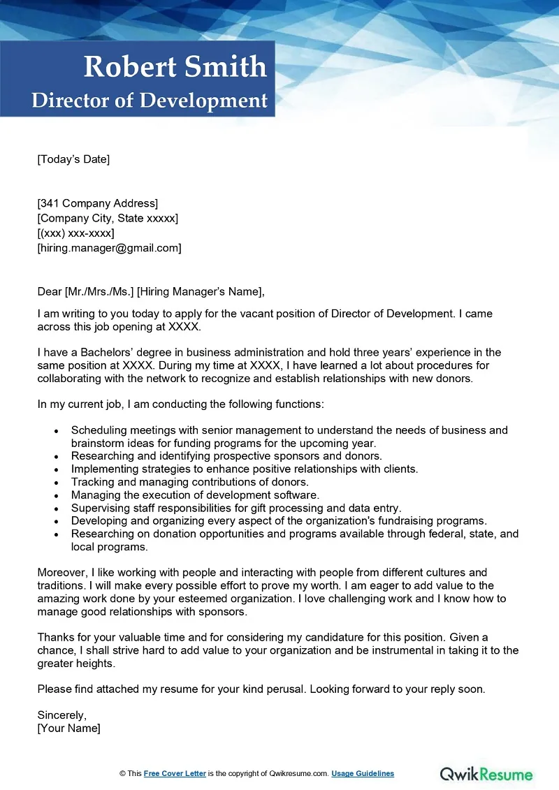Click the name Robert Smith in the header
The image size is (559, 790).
coord(175,67)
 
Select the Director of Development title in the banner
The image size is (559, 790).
coord(150,100)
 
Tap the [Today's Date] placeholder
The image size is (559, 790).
coord(73,159)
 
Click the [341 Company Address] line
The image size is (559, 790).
coord(98,203)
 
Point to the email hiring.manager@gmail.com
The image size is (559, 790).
coord(109,248)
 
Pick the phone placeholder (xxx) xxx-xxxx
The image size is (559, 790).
coord(75,233)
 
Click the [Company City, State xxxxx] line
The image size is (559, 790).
coord(108,218)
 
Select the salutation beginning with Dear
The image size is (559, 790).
coord(151,292)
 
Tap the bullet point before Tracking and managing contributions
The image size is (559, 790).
coord(56,483)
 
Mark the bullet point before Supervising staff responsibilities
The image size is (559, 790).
coord(56,509)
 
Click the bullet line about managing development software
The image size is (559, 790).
coord(195,495)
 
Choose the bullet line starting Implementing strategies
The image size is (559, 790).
coord(245,469)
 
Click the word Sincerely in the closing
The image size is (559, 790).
coord(61,715)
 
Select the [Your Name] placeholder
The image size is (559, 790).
coord(68,729)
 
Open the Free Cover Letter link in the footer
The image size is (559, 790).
coord(175,774)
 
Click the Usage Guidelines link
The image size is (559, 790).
coord(363,774)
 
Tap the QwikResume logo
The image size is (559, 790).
coord(486,774)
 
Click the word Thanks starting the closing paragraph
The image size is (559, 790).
coord(55,638)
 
